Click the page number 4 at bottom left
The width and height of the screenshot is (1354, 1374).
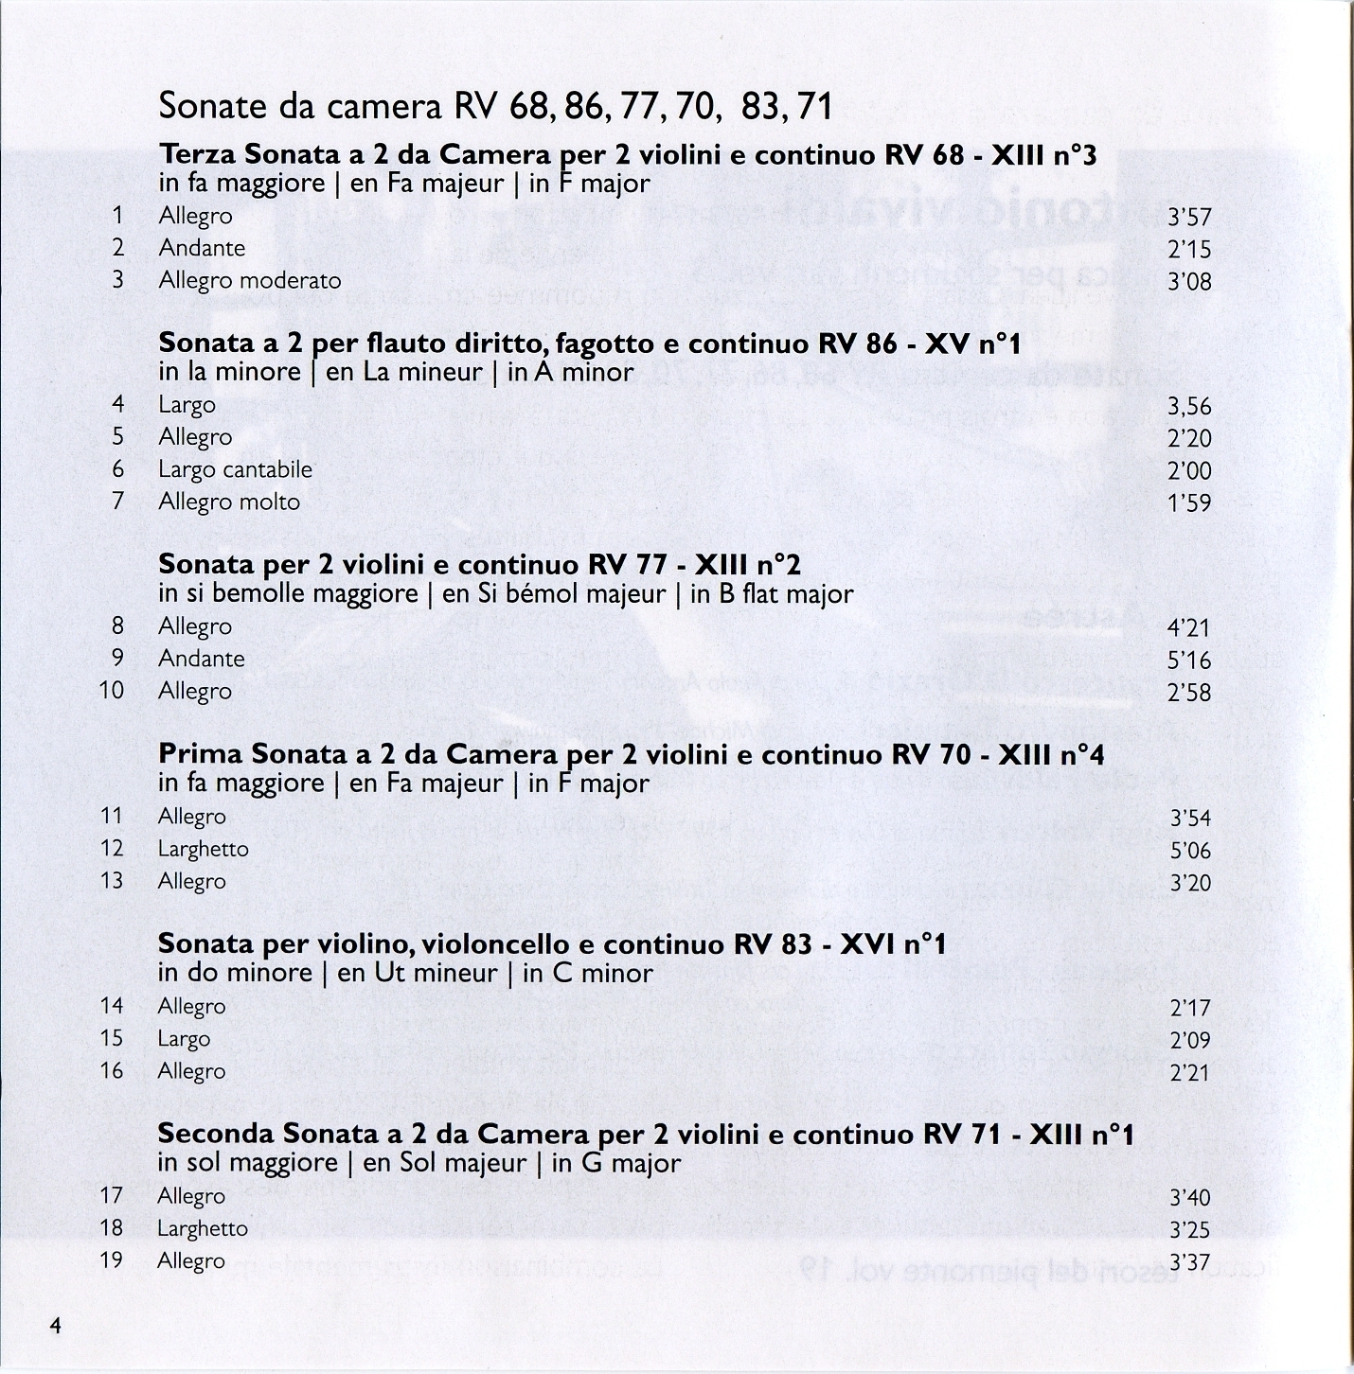pos(56,1326)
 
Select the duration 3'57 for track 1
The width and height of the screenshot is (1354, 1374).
pos(1190,219)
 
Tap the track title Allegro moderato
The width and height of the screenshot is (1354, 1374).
pos(250,281)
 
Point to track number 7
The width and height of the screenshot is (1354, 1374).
pos(117,502)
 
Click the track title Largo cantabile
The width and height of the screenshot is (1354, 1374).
pos(235,469)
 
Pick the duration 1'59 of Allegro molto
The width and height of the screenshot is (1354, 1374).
pos(1190,503)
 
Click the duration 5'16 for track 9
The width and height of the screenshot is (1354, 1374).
pos(1190,661)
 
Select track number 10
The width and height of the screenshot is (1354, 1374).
pos(112,691)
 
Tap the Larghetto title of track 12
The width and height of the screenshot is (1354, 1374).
pos(204,849)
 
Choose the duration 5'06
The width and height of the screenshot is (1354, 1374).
pos(1190,851)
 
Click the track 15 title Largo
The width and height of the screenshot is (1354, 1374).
pos(184,1039)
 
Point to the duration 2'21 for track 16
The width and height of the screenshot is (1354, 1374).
pos(1190,1073)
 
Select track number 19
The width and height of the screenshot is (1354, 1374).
pos(112,1260)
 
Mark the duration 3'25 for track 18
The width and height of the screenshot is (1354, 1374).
pos(1190,1230)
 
